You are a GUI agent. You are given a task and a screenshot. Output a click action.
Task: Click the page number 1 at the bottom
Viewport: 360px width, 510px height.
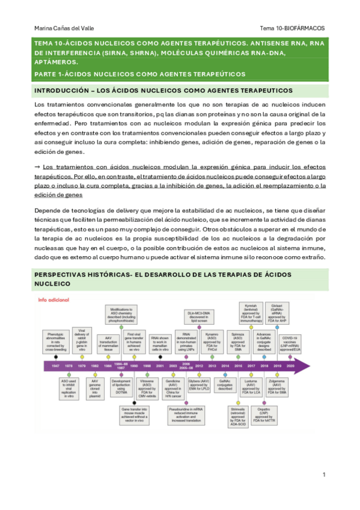323,475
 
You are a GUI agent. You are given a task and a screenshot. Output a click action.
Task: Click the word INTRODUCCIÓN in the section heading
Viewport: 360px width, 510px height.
63,90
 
